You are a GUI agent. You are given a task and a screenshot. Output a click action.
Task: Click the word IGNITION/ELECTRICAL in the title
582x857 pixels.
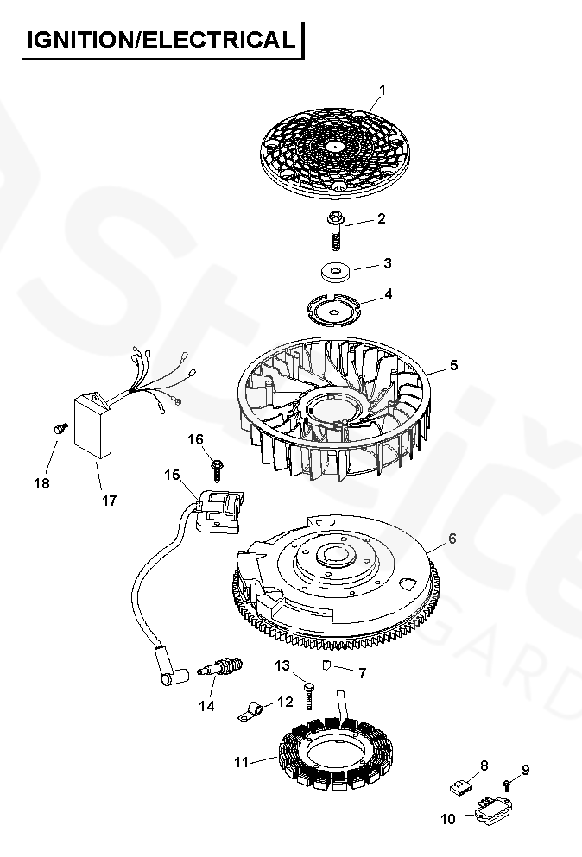[161, 40]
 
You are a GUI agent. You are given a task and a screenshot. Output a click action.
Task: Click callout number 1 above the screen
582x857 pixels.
[383, 90]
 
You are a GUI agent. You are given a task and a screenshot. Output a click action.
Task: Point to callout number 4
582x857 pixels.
[388, 293]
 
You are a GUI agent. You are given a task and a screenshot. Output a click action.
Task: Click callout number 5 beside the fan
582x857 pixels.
[453, 365]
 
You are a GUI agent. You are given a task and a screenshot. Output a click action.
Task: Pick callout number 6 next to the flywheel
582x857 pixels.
[452, 539]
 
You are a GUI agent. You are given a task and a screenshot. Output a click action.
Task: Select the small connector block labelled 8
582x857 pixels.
[463, 785]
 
